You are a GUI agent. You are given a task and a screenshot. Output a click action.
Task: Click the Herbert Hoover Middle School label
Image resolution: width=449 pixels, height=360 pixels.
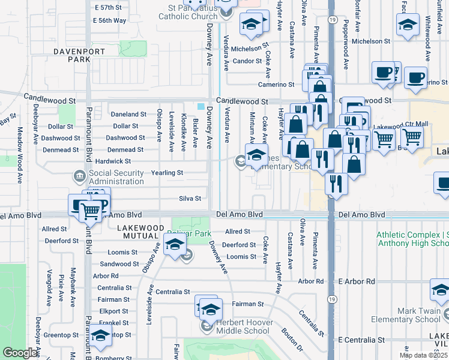243,326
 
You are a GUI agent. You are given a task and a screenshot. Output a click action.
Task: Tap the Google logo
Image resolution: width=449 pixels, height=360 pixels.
20,353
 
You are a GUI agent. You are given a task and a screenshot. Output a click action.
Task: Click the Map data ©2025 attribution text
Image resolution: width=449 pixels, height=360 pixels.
423,355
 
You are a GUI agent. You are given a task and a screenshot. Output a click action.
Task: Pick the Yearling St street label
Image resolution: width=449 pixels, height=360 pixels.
167,173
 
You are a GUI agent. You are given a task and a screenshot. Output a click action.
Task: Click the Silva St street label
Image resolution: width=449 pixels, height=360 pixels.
189,198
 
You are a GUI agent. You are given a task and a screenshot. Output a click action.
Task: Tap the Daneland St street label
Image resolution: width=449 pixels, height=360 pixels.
128,114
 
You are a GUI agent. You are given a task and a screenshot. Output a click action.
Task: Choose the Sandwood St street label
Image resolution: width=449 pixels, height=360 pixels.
119,264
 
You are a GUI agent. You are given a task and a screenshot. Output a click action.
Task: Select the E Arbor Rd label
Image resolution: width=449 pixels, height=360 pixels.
356,281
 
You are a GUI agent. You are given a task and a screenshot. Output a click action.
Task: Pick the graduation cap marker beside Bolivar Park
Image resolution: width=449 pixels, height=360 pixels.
175,245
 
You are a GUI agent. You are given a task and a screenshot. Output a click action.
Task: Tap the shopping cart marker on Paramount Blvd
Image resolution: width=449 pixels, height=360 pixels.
90,210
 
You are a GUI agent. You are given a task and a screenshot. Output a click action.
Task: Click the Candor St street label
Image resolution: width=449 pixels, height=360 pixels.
244,61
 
